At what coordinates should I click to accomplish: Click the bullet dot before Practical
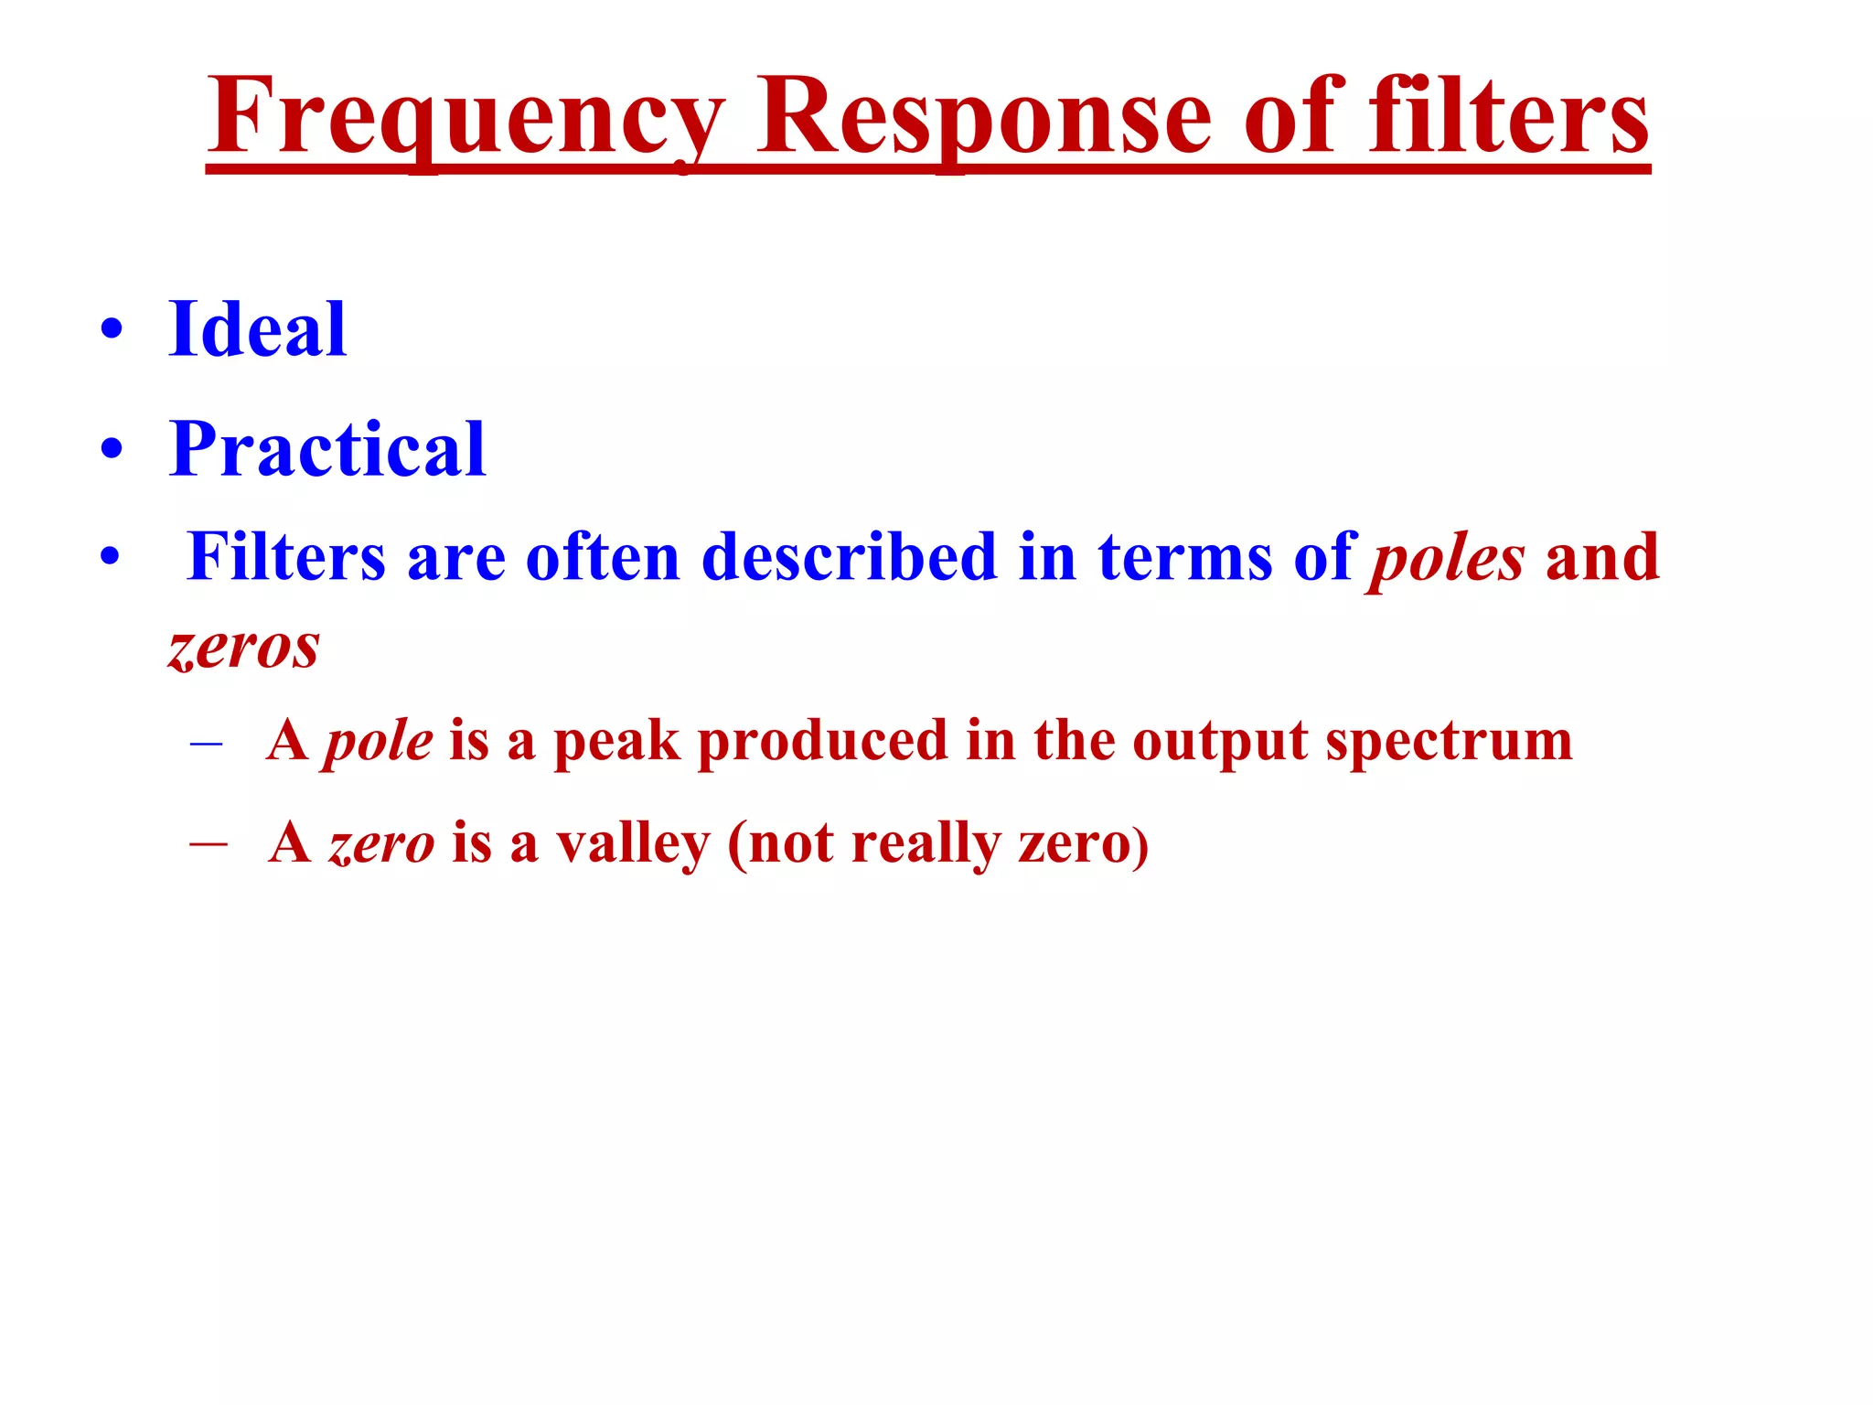112,450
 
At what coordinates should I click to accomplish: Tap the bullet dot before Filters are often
111,557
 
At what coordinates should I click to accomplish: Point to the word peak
617,741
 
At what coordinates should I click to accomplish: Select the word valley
633,843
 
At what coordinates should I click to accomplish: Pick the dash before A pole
207,743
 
